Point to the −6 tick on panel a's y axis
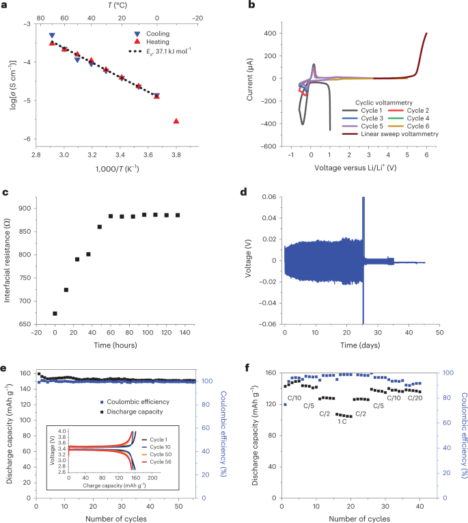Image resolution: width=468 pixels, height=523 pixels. pyautogui.click(x=38, y=139)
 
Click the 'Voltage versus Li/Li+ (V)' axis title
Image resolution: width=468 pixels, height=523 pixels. pyautogui.click(x=363, y=166)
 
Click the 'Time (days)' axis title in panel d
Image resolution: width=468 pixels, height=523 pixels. pyautogui.click(x=362, y=349)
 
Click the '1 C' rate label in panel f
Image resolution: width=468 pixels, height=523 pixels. pyautogui.click(x=342, y=422)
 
